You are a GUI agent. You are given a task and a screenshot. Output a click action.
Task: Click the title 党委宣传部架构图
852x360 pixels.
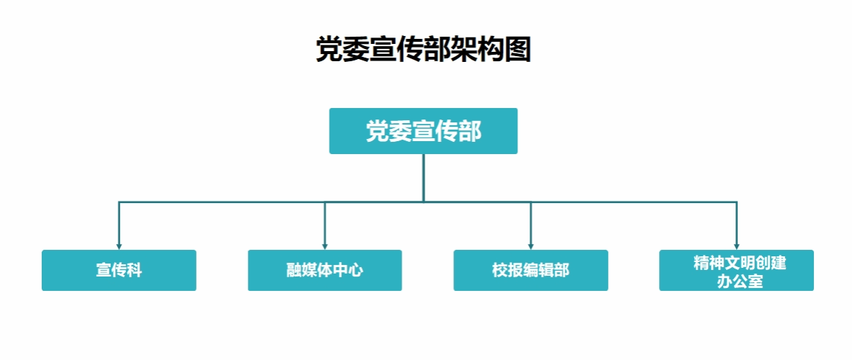[423, 50]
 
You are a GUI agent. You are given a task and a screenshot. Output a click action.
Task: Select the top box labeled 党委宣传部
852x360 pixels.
[423, 131]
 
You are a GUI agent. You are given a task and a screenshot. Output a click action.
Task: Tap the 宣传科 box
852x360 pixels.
[119, 270]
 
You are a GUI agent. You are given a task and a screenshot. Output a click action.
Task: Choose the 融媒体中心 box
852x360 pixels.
[325, 270]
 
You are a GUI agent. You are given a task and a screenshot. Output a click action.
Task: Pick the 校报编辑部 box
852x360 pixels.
[531, 270]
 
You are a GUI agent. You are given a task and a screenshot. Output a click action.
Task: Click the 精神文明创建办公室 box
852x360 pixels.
[736, 270]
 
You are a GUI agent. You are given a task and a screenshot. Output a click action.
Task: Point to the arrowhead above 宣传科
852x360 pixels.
[119, 247]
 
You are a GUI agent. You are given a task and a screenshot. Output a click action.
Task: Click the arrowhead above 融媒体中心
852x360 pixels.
[325, 247]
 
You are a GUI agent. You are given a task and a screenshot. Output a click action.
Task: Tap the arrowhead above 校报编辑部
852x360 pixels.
[531, 247]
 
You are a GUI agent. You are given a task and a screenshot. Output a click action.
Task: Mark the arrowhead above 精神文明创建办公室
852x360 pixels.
[737, 247]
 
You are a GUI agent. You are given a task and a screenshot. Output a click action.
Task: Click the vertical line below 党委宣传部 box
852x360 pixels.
[423, 178]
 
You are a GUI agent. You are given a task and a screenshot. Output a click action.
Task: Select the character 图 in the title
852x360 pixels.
[518, 50]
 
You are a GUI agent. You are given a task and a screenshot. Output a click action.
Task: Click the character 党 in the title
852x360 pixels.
[330, 50]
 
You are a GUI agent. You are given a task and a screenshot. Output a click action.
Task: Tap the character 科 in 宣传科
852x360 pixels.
[135, 270]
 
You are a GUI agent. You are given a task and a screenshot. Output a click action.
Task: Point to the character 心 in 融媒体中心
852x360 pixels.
[356, 270]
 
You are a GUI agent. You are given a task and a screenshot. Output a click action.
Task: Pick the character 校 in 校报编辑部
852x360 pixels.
[500, 270]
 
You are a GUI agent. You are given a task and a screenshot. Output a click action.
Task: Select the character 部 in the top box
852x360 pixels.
[470, 131]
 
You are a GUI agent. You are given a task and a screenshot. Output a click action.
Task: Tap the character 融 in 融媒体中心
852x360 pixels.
[294, 270]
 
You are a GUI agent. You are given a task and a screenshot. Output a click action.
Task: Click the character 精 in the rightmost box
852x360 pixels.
[702, 264]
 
